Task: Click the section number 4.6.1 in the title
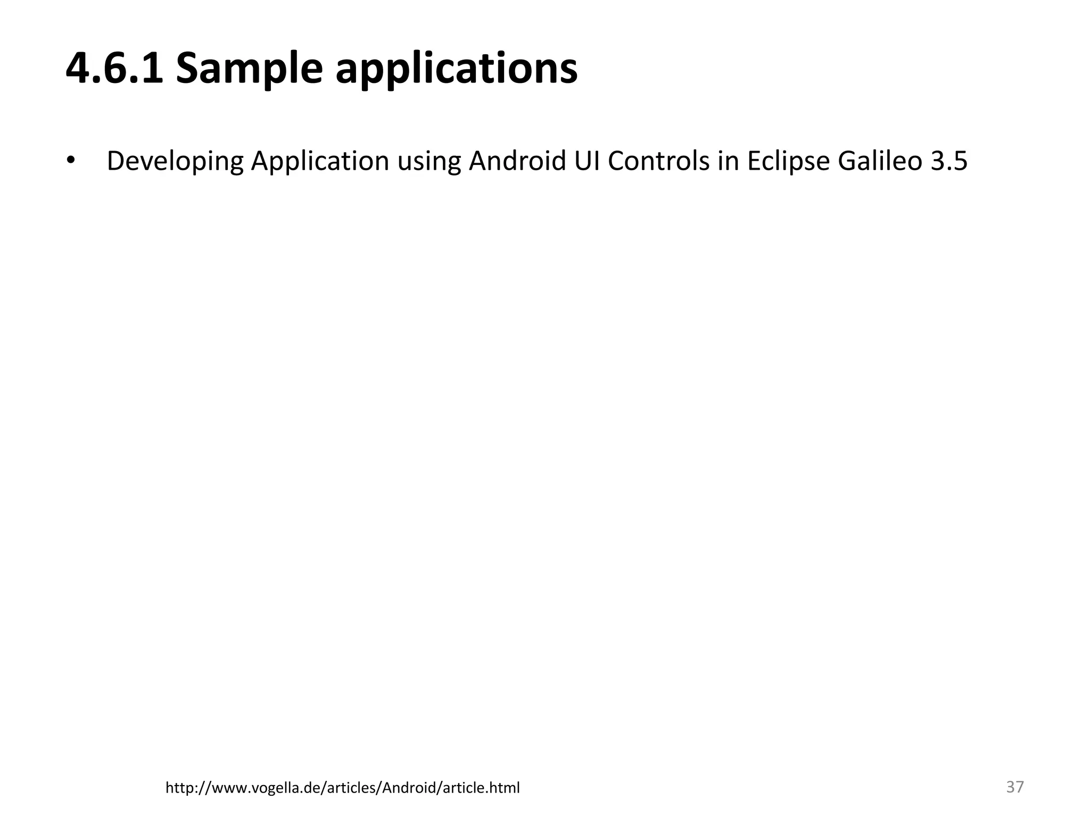tap(114, 69)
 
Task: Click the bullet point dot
tap(71, 160)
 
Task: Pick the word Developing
tap(175, 161)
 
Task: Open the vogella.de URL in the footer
tap(342, 788)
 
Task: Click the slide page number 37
tap(1015, 787)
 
